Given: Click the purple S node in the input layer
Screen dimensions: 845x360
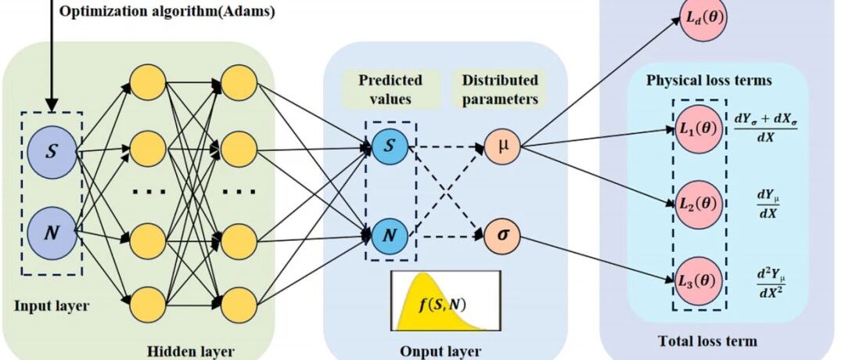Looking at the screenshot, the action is point(51,152).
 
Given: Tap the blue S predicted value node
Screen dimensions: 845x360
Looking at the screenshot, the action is point(390,146).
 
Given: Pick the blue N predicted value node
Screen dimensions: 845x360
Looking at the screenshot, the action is point(390,236).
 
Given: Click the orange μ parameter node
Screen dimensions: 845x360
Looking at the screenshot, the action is point(502,146).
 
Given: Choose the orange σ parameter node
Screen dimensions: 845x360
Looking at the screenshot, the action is point(502,236).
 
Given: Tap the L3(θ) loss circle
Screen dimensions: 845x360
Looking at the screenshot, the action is point(699,281).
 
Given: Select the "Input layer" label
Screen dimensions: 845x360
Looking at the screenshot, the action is point(52,307).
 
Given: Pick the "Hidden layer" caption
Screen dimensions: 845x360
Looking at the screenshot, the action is point(192,351).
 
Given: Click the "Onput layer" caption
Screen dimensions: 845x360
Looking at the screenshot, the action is point(440,351).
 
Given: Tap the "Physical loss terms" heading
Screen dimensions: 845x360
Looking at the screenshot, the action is point(709,81).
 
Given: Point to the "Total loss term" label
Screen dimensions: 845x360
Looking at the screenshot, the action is point(707,340).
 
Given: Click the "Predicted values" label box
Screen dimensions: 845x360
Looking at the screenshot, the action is point(391,89).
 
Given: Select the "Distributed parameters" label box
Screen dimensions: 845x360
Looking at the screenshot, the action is point(499,89).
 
